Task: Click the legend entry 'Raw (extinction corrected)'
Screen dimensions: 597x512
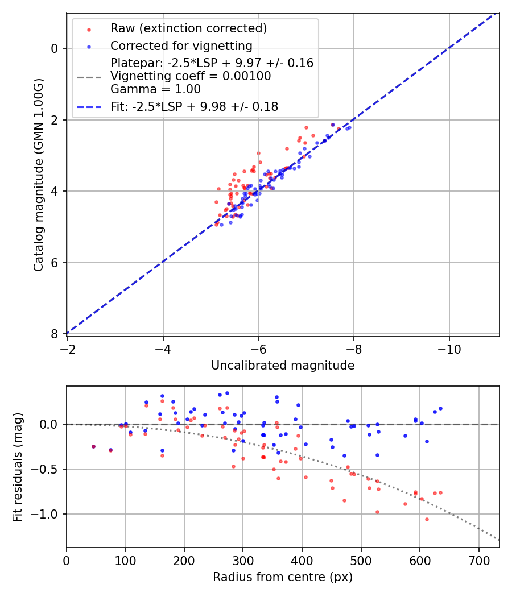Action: pos(188,28)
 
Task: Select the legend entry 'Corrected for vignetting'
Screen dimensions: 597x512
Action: pos(181,45)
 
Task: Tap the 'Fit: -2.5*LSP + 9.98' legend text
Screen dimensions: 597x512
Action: pos(194,106)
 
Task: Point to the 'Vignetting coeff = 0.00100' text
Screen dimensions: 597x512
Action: pos(191,76)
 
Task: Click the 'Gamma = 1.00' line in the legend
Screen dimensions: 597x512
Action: pos(155,89)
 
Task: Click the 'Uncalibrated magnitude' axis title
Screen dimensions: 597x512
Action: pos(283,366)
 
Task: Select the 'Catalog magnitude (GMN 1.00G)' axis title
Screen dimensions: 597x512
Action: pos(38,175)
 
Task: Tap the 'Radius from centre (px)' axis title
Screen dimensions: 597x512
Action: pos(283,577)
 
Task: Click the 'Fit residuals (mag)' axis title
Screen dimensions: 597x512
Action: pos(18,467)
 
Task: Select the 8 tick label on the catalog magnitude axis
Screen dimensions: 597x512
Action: pos(55,334)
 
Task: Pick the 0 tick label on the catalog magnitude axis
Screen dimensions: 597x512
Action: pos(55,48)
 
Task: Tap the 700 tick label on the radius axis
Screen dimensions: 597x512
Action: pos(478,559)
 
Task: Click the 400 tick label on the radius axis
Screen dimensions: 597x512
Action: pos(302,559)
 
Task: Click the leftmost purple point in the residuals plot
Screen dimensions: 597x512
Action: pos(93,446)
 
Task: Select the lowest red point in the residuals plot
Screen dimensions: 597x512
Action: pos(427,519)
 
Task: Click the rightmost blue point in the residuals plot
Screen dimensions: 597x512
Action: pos(440,408)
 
